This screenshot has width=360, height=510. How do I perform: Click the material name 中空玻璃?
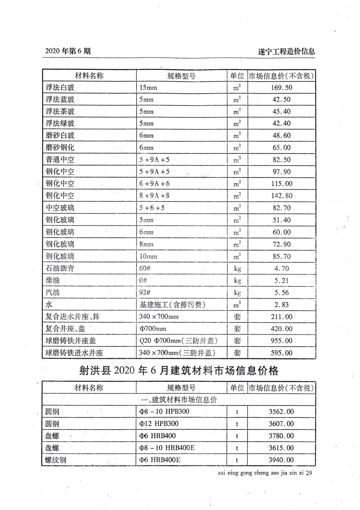pos(60,208)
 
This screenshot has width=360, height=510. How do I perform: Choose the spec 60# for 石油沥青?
pos(144,268)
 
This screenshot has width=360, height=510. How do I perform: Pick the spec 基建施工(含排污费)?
pos(173,305)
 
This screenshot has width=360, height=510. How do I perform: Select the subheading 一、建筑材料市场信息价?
pos(180,399)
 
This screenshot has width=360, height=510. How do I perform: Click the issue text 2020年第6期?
pos(67,51)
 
